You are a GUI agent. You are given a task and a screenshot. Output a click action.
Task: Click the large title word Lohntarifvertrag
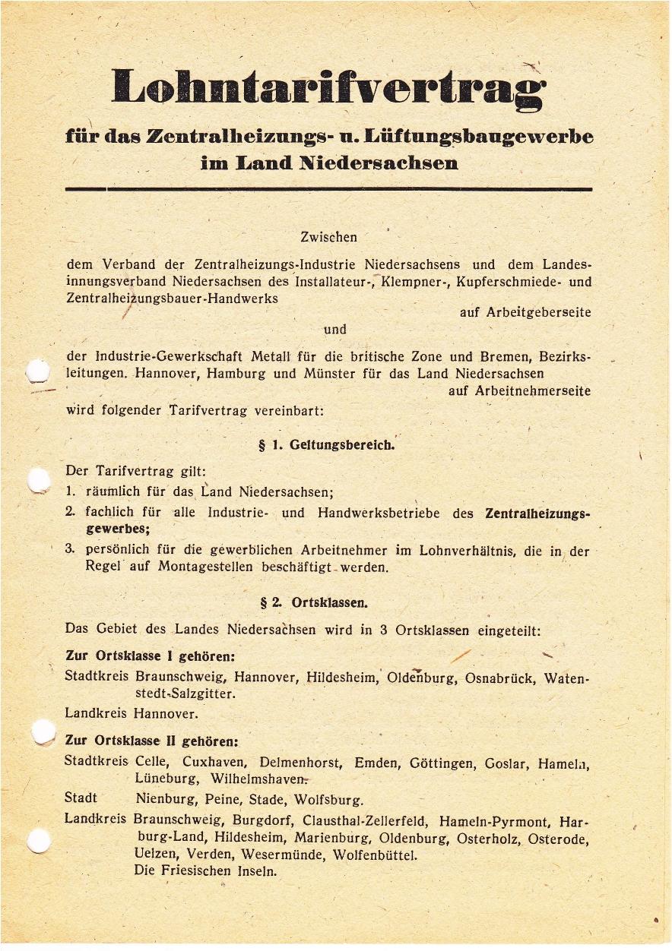pyautogui.click(x=328, y=87)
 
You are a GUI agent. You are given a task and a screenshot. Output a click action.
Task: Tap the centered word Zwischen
pyautogui.click(x=328, y=238)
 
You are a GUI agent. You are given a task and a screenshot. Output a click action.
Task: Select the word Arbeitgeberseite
pyautogui.click(x=525, y=312)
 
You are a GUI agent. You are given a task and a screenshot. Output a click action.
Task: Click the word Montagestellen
pyautogui.click(x=206, y=567)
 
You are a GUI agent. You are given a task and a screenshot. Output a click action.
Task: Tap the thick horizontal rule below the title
pyautogui.click(x=328, y=188)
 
